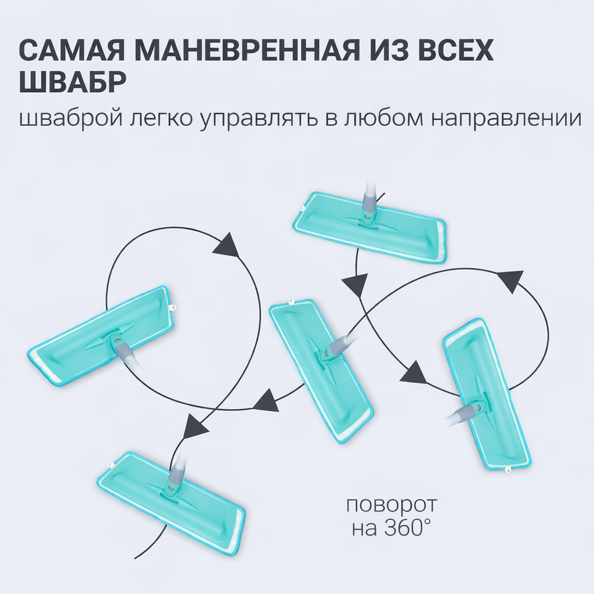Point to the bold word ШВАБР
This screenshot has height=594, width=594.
coord(73,83)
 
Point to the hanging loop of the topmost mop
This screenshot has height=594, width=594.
coord(301,208)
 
